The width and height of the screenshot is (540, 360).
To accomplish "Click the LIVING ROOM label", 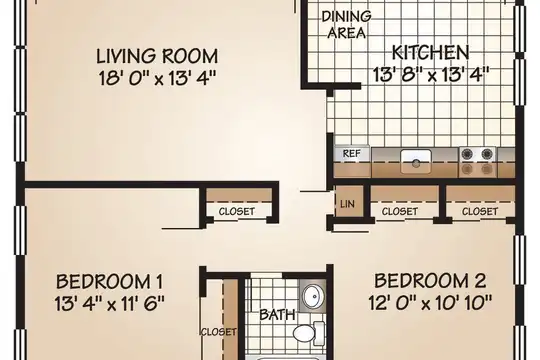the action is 157,56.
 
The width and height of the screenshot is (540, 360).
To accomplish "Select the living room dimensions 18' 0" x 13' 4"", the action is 157,78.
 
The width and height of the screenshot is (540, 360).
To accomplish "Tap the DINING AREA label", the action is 346,24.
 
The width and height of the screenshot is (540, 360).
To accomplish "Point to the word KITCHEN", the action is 430,53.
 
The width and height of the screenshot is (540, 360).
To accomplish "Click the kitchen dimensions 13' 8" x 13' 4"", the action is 430,74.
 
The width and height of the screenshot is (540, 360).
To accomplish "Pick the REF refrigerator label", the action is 351,154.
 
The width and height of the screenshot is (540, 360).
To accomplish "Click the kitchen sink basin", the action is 416,161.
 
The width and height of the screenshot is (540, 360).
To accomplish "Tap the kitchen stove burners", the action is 477,161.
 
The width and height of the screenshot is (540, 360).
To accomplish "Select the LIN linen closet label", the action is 347,204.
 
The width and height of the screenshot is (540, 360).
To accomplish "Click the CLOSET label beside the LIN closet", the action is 399,211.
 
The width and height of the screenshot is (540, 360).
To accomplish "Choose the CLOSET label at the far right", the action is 480,211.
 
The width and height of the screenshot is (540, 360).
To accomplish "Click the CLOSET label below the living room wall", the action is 237,211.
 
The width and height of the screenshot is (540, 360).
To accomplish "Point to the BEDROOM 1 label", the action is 110,281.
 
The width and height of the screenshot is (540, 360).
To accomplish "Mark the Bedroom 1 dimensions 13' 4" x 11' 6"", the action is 110,304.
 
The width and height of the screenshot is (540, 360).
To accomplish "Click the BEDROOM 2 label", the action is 430,281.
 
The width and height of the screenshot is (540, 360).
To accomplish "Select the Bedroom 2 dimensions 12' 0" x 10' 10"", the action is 430,303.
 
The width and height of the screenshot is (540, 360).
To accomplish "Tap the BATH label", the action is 277,315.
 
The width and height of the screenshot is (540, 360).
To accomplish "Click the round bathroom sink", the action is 313,296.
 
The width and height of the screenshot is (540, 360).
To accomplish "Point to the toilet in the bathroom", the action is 309,333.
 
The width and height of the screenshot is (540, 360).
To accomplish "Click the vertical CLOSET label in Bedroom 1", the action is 218,332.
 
